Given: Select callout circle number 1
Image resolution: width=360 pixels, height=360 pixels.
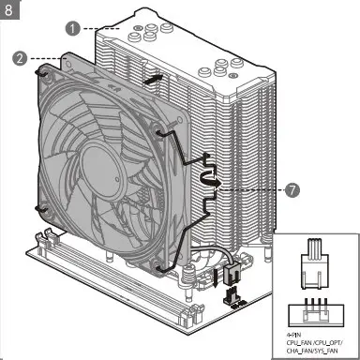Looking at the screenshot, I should click(x=72, y=29).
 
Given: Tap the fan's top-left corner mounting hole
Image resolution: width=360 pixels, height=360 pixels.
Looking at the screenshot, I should click(x=42, y=68).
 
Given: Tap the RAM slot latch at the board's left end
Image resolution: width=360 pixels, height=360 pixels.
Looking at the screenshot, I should click(x=45, y=243).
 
